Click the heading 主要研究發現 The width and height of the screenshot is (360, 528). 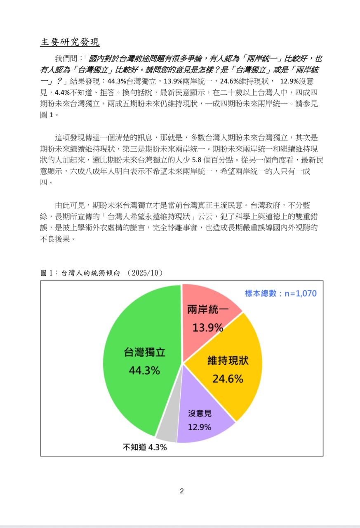(x=70, y=42)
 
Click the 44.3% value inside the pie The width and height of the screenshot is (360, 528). (x=144, y=370)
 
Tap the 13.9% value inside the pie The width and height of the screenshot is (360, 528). (x=208, y=328)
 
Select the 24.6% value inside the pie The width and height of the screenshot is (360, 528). (x=228, y=378)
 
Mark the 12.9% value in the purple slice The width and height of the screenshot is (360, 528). (x=200, y=427)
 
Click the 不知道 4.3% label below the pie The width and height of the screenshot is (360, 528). (x=144, y=447)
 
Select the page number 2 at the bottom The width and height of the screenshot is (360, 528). (x=182, y=491)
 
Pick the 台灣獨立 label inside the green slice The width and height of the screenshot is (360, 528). (x=145, y=353)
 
